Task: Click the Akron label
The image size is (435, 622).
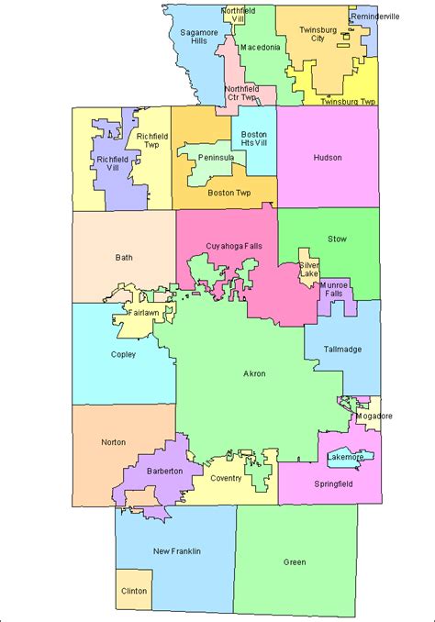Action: (254, 375)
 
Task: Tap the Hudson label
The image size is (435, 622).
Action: (327, 158)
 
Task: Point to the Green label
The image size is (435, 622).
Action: (295, 562)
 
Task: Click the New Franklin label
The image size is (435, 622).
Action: (176, 550)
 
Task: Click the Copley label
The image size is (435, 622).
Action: (123, 354)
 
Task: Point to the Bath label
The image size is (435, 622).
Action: (125, 258)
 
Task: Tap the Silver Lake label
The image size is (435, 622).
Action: (308, 272)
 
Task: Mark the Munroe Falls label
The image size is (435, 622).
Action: (334, 292)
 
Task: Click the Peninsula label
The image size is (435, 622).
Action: (217, 158)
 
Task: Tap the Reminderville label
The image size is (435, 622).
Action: (374, 17)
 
